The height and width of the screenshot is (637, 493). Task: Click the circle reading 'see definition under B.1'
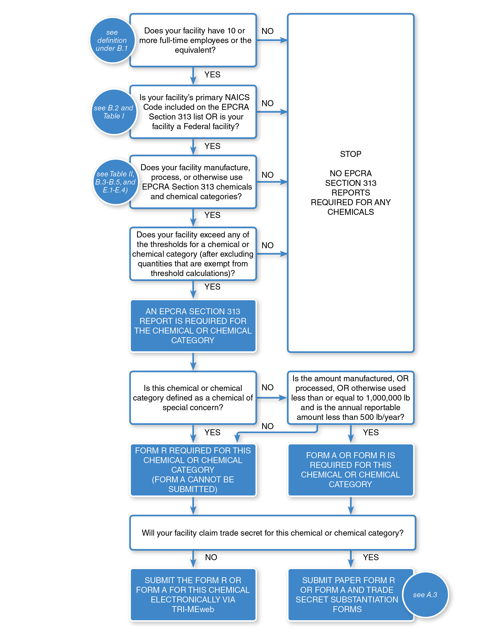coord(112,40)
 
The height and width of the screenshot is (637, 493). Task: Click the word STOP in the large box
coord(351,154)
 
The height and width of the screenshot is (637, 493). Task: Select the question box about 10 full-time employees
coord(193,40)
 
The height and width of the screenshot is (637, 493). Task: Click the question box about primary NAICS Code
coord(193,112)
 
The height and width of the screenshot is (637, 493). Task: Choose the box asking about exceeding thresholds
coord(193,254)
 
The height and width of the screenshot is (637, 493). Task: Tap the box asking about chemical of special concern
coord(193,397)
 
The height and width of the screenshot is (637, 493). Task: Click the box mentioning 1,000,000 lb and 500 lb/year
coord(351,397)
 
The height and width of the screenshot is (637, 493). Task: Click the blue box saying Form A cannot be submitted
coord(193,470)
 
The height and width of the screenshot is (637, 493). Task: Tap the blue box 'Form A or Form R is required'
coord(351,470)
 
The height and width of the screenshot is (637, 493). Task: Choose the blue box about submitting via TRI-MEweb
coord(193,594)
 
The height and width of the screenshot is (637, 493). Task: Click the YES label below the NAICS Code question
coord(212,146)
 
